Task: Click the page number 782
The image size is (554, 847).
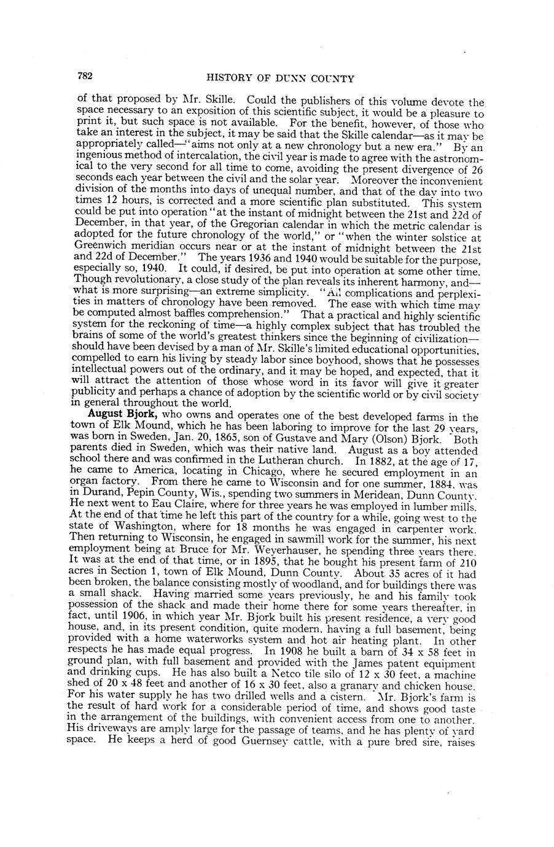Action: pyautogui.click(x=85, y=77)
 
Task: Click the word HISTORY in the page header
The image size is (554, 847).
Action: pyautogui.click(x=230, y=78)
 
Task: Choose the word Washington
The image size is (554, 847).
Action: pyautogui.click(x=146, y=533)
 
